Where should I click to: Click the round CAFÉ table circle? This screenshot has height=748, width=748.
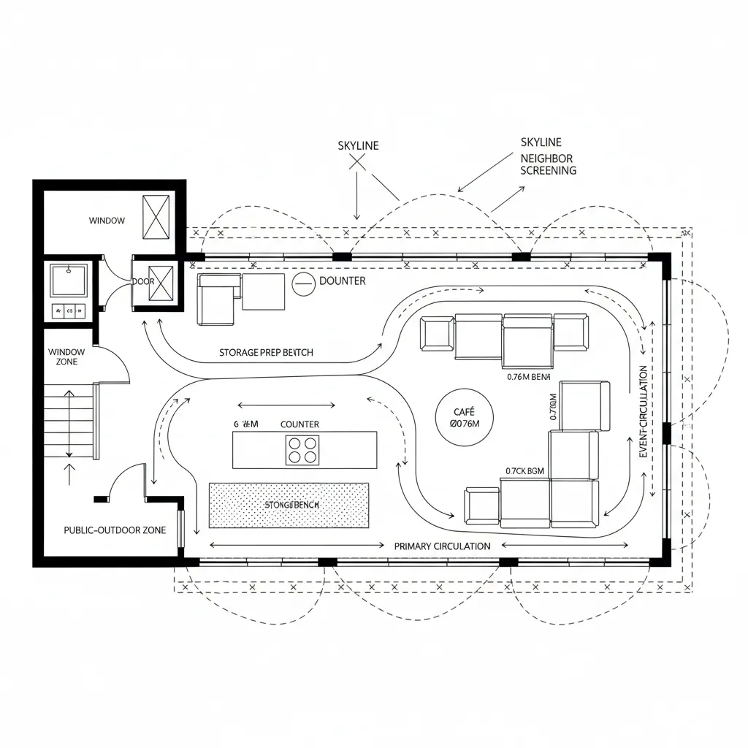(x=464, y=417)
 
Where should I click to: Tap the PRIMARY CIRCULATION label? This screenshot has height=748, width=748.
(x=442, y=546)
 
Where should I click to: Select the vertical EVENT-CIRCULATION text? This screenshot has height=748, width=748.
(x=643, y=412)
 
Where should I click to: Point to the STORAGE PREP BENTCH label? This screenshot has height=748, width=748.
(x=266, y=353)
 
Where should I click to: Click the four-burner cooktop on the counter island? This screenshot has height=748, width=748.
(x=303, y=449)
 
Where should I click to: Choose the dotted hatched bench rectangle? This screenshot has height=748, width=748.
(x=289, y=505)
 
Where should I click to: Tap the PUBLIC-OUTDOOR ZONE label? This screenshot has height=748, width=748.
(x=115, y=530)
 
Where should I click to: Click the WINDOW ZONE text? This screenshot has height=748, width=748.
(x=66, y=356)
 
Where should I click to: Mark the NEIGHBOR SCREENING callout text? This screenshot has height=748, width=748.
(x=547, y=164)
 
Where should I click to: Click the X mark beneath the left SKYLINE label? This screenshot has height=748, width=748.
(x=357, y=162)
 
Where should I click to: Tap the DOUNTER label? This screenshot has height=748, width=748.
(x=343, y=281)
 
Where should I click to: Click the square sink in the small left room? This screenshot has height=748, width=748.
(x=68, y=280)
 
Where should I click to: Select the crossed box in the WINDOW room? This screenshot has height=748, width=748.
(x=156, y=217)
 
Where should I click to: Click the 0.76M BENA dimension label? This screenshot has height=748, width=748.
(x=528, y=378)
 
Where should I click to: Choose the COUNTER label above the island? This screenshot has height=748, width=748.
(x=299, y=424)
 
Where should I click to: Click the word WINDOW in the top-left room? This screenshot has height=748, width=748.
(x=107, y=221)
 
